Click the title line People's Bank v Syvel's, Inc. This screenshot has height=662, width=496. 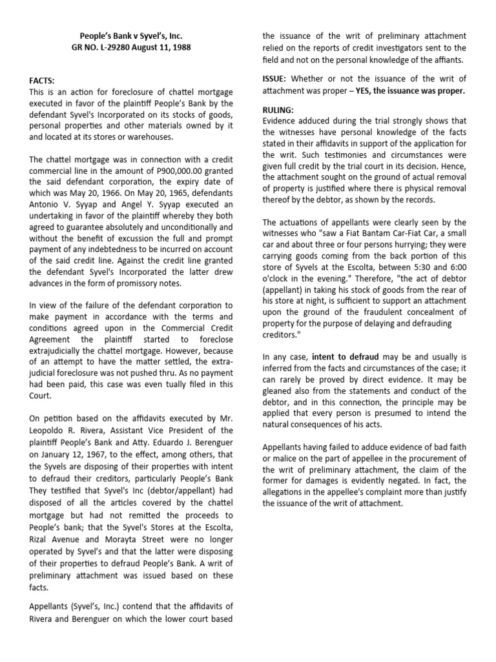coord(131,36)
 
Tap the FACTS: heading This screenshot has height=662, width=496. coord(42,81)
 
